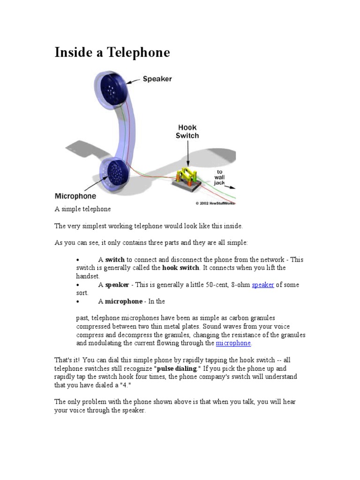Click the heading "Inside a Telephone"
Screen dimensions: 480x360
[112, 52]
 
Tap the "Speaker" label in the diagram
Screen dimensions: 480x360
[157, 79]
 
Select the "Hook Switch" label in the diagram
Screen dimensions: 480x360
[187, 131]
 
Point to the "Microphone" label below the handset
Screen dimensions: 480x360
[75, 196]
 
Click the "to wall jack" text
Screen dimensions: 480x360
[219, 177]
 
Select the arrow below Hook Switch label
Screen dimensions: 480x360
[187, 153]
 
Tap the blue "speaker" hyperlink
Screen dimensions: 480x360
[263, 285]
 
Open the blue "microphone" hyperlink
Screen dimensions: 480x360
[233, 343]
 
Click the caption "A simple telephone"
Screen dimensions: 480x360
[82, 209]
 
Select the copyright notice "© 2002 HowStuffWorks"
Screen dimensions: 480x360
[215, 203]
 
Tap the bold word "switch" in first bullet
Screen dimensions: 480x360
[115, 260]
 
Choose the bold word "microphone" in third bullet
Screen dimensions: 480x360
[123, 301]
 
